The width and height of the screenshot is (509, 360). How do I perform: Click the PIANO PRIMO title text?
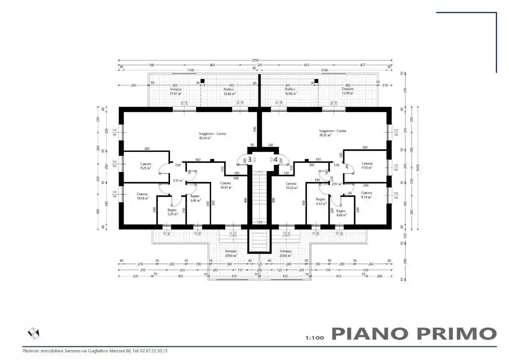414,334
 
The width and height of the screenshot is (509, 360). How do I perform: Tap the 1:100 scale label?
314,338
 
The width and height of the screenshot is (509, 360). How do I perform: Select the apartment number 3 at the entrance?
250,159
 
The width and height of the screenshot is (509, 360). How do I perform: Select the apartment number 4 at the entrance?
275,159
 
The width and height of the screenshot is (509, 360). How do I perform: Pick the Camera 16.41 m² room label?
226,185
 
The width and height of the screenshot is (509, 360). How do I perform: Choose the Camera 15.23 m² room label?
291,185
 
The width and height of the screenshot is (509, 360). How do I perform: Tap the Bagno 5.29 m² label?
172,212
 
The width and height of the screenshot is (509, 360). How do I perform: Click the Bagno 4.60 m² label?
341,213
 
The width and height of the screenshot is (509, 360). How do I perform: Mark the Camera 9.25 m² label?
146,166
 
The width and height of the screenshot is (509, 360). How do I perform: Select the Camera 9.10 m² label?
367,166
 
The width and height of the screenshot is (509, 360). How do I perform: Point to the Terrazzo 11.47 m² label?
175,91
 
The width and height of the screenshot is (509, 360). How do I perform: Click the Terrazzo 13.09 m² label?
348,91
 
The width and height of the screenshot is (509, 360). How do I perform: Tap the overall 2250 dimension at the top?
255,60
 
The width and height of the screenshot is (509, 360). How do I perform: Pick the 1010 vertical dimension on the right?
417,168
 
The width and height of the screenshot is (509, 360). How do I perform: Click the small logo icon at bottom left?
34,333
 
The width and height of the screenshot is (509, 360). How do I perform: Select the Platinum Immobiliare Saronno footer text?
95,351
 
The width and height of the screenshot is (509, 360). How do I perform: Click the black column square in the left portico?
203,81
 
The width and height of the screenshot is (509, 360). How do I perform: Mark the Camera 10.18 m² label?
142,196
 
